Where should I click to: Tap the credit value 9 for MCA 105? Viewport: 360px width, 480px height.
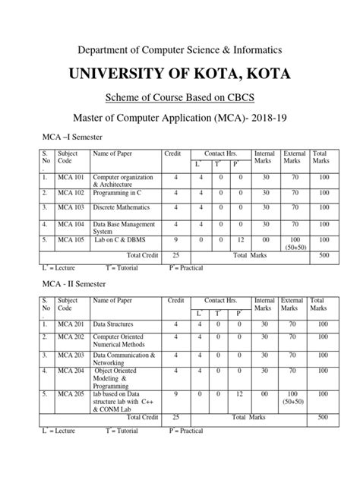click(x=176, y=242)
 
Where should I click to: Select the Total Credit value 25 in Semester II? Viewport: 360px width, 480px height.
click(x=176, y=417)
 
